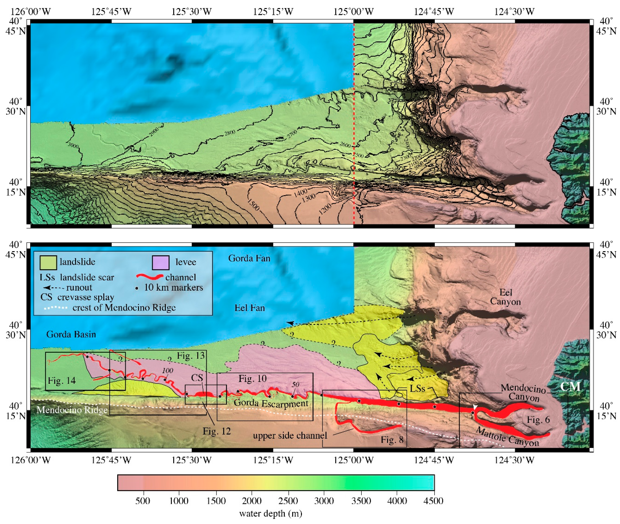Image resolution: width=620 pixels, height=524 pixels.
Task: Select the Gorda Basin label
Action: pos(71,334)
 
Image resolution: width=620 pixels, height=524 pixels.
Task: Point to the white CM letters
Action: pos(570,386)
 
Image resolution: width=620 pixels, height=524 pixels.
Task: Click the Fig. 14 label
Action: pos(62,380)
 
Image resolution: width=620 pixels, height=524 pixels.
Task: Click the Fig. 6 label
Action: pos(538,420)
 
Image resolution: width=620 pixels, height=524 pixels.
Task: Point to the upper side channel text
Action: pos(290,436)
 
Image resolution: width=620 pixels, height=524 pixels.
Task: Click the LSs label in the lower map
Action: pos(417,389)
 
